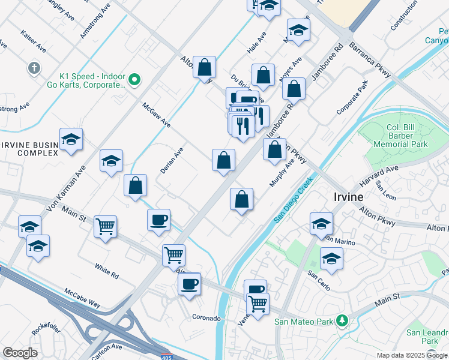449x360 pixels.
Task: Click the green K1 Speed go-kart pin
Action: pos(135,79)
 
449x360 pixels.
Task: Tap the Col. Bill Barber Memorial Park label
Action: pos(402,136)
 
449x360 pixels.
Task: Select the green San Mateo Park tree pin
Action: pos(342,321)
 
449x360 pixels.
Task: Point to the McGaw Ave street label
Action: pos(156,115)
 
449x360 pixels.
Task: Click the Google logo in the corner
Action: pos(20,353)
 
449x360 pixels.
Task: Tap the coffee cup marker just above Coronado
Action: pos(190,283)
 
